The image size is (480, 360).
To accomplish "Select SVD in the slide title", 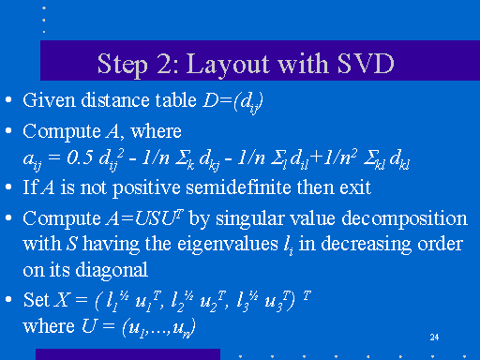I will (x=359, y=65).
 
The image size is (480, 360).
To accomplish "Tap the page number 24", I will (x=433, y=336).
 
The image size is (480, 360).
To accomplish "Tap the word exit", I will (x=352, y=187).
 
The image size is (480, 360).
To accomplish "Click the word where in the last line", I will (x=43, y=329).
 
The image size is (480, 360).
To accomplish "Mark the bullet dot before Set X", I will (x=8, y=301).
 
